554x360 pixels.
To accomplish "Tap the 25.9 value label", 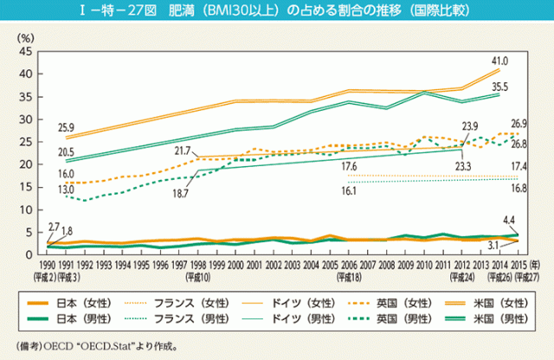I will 66,128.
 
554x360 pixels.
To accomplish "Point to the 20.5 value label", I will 66,151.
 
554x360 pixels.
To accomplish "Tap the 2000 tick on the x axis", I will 234,262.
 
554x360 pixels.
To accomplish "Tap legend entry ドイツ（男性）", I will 300,318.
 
